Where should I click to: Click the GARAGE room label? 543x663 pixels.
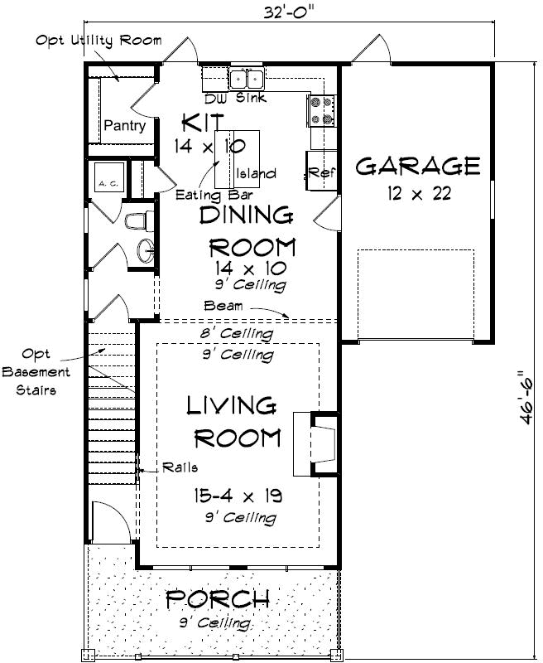[x=417, y=167]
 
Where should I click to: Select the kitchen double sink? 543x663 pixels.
[x=246, y=79]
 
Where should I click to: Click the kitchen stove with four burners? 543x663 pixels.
[x=321, y=109]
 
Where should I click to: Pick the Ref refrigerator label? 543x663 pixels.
[x=320, y=172]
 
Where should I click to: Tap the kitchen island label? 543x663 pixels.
[x=256, y=174]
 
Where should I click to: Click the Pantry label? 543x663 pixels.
[x=124, y=126]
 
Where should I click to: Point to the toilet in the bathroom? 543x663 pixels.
[x=136, y=221]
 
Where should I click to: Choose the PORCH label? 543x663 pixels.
[x=218, y=598]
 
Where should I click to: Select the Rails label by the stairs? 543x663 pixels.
[x=180, y=467]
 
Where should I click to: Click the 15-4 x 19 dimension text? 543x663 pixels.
[x=236, y=496]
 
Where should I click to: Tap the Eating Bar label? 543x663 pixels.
[x=209, y=196]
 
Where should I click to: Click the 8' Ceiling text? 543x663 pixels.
[x=237, y=334]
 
